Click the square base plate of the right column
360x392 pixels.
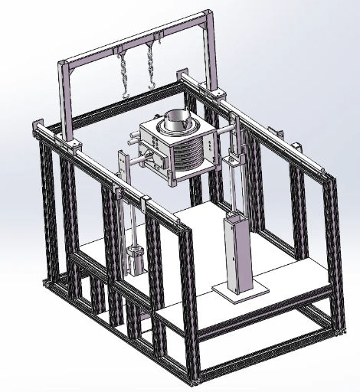coord(240,292)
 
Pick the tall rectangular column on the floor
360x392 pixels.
coord(234,253)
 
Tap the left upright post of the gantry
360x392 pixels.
coord(66,100)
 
